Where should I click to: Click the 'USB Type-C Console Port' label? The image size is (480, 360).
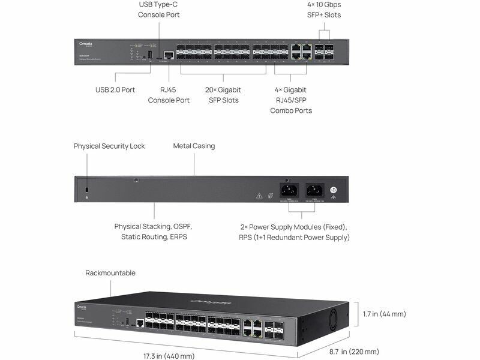(158, 9)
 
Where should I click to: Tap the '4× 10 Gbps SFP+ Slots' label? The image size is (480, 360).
(323, 9)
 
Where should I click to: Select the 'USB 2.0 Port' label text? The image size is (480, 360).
(115, 89)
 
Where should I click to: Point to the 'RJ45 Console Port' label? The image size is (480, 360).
(169, 95)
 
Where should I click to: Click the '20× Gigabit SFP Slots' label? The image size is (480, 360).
(222, 95)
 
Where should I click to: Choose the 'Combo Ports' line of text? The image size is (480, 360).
(290, 111)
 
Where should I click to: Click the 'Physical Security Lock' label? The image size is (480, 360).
(109, 146)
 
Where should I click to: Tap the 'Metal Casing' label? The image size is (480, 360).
(194, 146)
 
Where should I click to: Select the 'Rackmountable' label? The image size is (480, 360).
(110, 273)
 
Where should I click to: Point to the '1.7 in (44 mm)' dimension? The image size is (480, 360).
(385, 314)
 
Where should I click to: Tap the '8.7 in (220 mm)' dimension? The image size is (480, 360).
(354, 352)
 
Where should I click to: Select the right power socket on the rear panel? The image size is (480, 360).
(313, 190)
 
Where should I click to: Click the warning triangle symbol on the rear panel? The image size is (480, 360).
(259, 196)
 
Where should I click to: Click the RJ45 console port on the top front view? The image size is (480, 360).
(169, 55)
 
